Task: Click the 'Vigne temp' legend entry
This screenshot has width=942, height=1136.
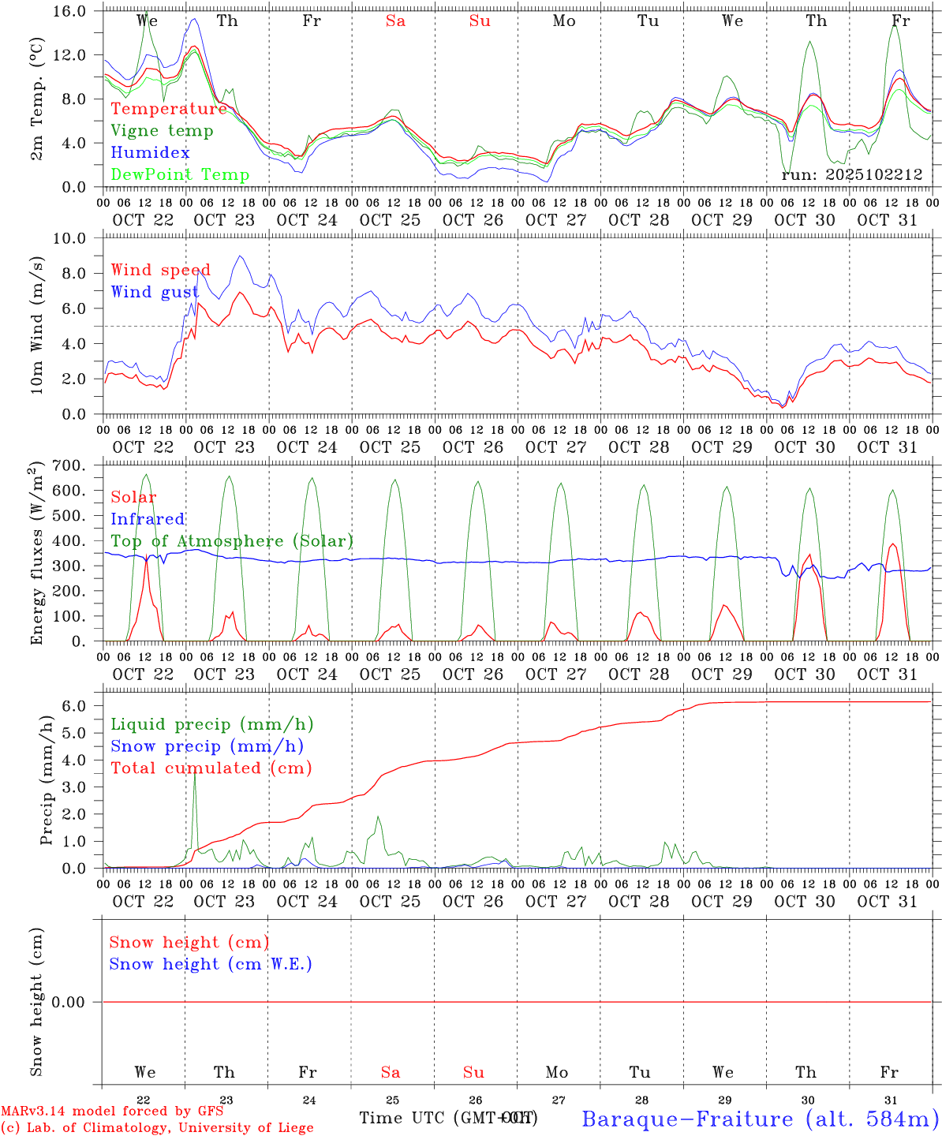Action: coord(162,131)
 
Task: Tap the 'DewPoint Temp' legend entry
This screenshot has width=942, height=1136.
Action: coord(180,174)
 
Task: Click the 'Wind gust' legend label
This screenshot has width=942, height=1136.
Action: coord(155,292)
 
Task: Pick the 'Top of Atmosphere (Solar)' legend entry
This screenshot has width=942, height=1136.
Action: coord(232,541)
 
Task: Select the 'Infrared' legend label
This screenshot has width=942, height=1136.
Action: coord(148,519)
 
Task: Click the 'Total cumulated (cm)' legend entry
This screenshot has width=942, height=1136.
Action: coord(211,768)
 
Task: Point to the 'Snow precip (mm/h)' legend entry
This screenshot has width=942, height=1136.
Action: coord(207,746)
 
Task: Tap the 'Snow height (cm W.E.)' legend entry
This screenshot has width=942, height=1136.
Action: coord(211,964)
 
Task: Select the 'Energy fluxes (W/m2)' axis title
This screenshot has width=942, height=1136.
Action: coord(36,555)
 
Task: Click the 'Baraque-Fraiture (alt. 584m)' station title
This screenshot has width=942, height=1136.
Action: coord(761,1119)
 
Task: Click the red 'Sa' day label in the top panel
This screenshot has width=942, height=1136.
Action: coord(395,21)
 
